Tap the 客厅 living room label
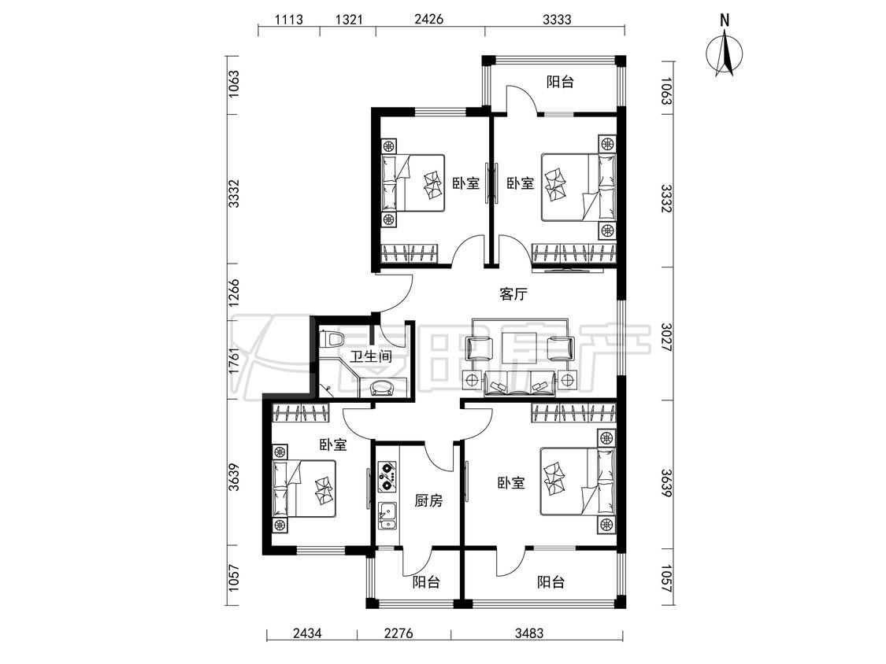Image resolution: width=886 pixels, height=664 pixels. [513, 294]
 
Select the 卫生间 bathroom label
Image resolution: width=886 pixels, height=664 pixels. [371, 356]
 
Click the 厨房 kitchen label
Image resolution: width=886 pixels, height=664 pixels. [428, 501]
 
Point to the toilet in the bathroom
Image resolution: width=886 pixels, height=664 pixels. [332, 339]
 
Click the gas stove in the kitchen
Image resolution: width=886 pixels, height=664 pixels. [387, 475]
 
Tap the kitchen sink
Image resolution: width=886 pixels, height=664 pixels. [387, 516]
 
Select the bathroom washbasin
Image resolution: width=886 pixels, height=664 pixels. [384, 388]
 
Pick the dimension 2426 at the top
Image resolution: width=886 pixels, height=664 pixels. [429, 19]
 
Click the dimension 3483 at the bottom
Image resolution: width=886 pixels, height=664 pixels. [529, 633]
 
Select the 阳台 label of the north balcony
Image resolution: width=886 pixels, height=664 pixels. [560, 82]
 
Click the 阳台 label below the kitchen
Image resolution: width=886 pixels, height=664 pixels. [426, 582]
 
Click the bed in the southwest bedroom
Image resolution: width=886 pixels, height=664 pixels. [305, 488]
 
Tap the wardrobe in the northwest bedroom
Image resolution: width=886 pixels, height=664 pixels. [410, 253]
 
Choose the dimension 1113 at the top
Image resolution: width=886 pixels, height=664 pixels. [289, 19]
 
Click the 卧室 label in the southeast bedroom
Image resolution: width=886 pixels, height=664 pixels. [511, 483]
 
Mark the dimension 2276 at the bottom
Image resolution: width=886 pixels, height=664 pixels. [399, 633]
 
